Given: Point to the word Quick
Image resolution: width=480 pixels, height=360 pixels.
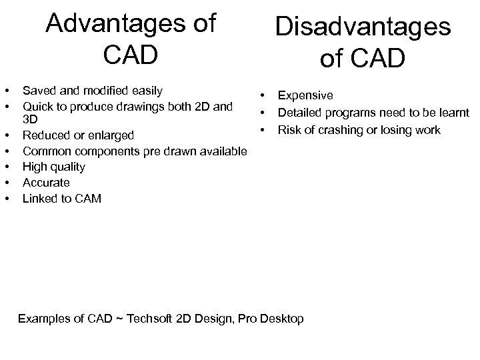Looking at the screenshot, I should tap(37, 105).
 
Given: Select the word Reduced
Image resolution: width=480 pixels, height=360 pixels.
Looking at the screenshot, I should tap(46, 136).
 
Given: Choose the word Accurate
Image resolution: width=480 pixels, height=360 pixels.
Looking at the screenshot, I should tap(46, 182).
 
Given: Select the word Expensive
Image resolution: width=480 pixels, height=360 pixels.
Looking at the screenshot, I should tap(305, 97).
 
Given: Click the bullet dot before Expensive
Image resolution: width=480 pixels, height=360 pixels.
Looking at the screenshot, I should tap(263, 97).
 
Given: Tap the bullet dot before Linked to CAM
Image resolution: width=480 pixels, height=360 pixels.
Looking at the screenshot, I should tap(7, 197).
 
